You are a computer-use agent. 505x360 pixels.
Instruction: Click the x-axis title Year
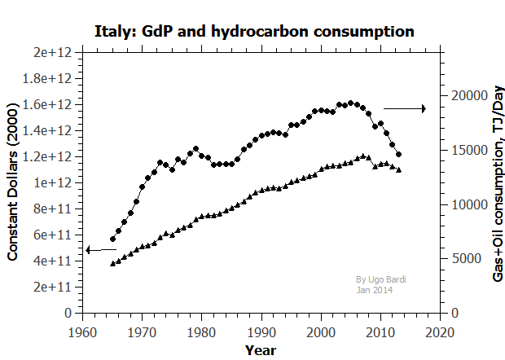pos(260,350)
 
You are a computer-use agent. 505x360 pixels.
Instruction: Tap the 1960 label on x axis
pos(81,331)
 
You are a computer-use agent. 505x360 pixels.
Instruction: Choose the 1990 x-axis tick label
pos(261,331)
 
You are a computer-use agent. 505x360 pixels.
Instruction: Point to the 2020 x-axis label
pos(440,331)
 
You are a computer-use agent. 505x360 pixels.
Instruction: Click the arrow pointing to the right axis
pos(405,108)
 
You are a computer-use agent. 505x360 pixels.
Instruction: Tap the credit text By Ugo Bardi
pos(381,279)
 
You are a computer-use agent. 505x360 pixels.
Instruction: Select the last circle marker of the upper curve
pos(398,154)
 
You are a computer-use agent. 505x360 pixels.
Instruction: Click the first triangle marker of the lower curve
pos(112,263)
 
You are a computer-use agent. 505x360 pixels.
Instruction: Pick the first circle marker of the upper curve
pos(112,239)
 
